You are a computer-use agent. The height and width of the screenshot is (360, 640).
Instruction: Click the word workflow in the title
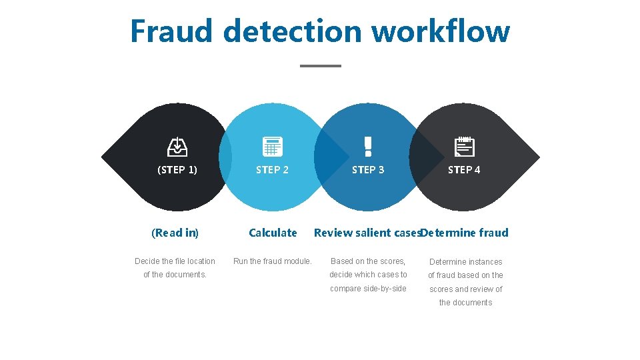440,31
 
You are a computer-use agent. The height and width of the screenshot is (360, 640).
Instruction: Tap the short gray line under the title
321,66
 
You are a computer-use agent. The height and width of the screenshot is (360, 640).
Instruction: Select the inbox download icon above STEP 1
177,146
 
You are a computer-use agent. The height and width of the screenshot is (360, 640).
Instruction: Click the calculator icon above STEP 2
273,146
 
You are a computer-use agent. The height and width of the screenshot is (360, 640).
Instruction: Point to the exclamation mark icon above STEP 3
367,145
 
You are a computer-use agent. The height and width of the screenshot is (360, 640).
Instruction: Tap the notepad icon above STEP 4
464,146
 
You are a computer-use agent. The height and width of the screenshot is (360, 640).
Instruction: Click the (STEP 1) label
177,170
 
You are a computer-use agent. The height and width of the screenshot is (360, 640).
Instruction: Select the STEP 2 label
273,170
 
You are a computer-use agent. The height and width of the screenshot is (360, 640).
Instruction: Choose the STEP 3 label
368,170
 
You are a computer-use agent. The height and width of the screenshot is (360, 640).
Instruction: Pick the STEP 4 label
464,170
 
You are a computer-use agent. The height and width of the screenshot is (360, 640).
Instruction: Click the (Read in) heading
175,233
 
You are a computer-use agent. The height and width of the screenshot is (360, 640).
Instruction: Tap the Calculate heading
273,233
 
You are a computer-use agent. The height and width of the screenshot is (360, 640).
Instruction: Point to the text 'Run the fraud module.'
273,261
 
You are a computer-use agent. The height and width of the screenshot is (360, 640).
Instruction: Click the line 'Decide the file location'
175,261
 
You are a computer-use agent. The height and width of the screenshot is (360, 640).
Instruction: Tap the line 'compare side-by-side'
368,288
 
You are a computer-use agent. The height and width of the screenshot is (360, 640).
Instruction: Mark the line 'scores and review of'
465,289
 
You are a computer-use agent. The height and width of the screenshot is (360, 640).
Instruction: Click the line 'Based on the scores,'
368,261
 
